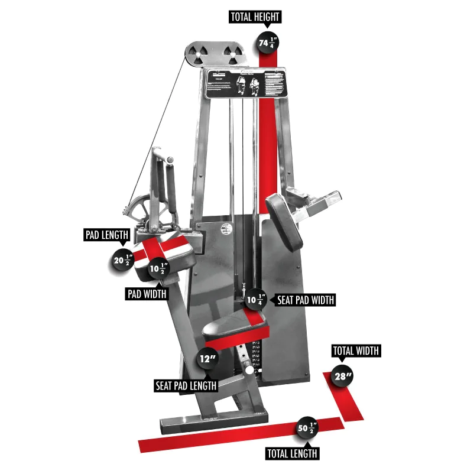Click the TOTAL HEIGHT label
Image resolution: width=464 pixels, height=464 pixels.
coord(255,17)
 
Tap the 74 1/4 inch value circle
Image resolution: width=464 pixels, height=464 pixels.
coord(268,43)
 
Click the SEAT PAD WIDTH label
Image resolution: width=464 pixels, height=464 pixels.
coord(305,300)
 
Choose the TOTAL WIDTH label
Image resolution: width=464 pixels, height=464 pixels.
coord(355,351)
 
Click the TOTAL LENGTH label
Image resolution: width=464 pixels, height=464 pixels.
coord(292,453)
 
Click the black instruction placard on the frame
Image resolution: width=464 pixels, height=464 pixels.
coord(246,83)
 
